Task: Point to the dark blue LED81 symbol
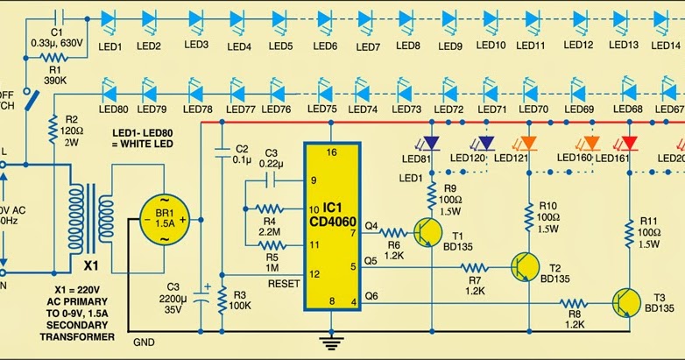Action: [x=429, y=143]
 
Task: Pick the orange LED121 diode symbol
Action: [x=527, y=143]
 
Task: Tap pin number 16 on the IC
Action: [x=330, y=152]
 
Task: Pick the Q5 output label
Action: [x=371, y=261]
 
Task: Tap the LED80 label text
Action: [x=112, y=109]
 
